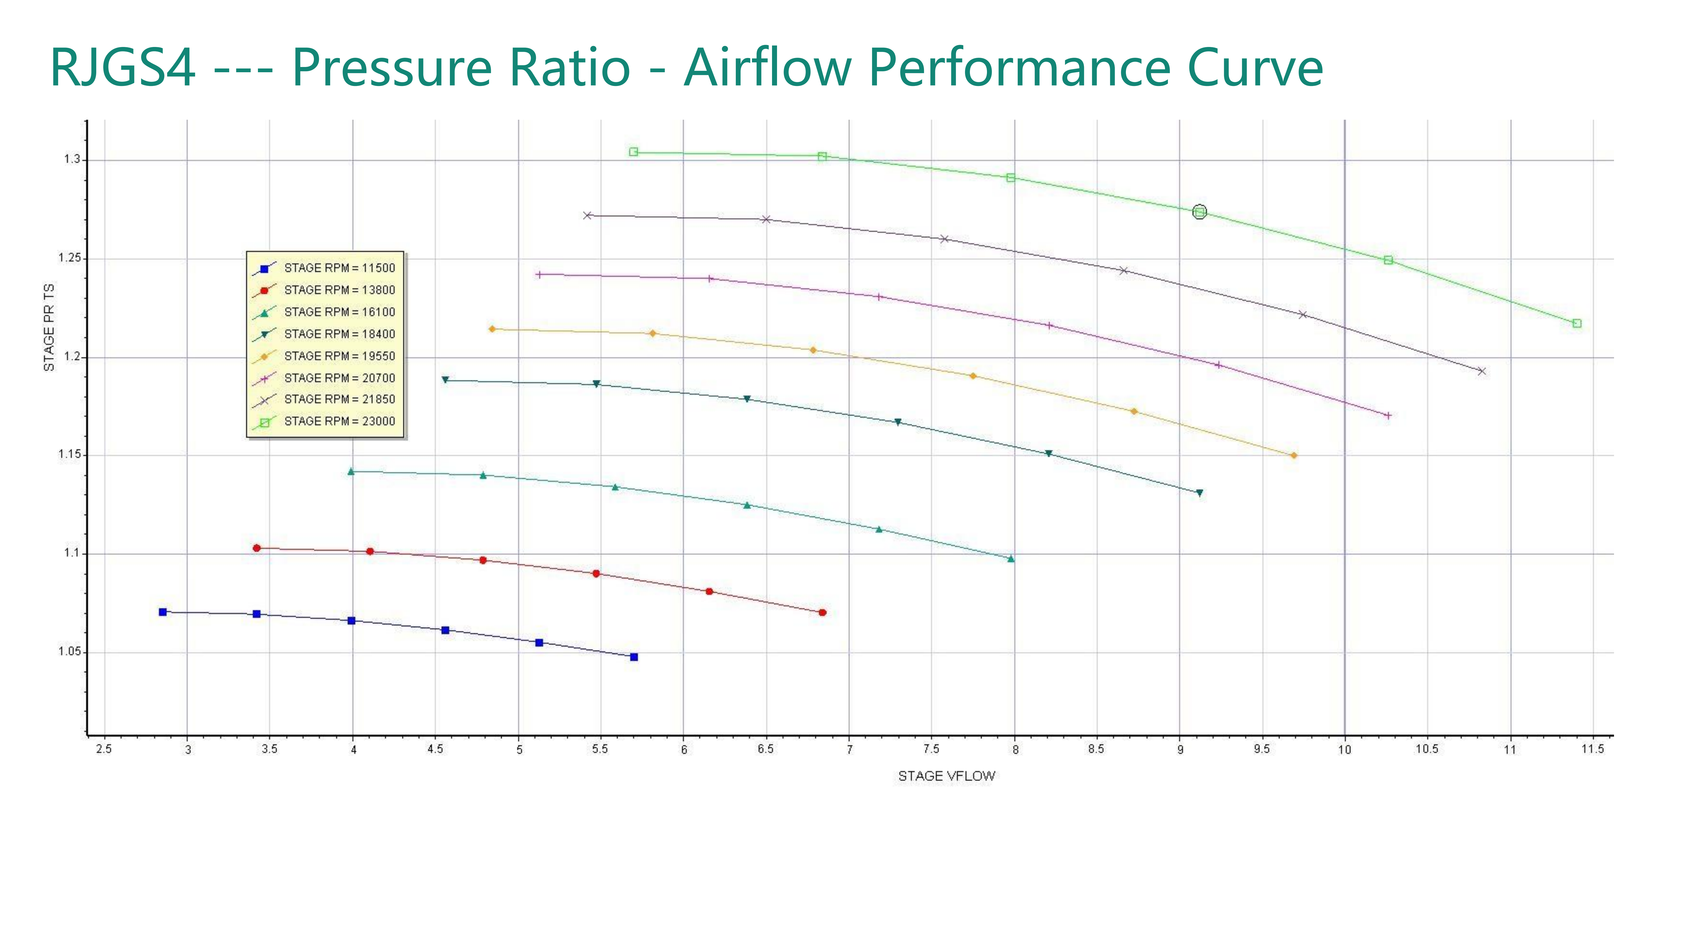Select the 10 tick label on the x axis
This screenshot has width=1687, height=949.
point(1345,749)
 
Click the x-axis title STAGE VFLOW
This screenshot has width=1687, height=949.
point(946,776)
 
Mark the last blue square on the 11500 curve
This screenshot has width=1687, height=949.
point(634,657)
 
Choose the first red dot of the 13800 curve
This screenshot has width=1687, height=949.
point(257,548)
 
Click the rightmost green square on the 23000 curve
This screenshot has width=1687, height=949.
point(1577,323)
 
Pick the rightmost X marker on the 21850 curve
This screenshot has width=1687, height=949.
point(1481,371)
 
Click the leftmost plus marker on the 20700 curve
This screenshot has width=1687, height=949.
point(539,274)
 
